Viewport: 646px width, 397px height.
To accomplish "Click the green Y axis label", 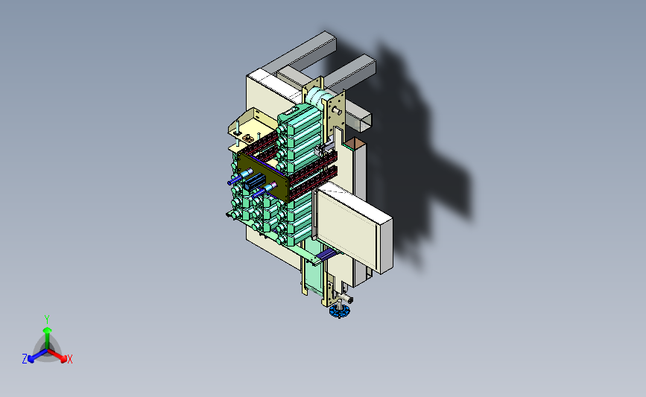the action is click(x=47, y=320).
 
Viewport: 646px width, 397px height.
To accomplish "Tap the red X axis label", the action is click(x=69, y=359).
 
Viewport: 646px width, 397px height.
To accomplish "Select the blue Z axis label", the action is click(x=25, y=359).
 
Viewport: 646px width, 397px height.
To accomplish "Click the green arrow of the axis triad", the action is click(x=48, y=337).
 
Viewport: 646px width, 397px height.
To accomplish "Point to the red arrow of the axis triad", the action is click(x=57, y=356).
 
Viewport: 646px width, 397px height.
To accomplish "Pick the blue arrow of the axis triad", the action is click(x=38, y=356).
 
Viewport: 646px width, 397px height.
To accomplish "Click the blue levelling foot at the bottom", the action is click(x=340, y=311).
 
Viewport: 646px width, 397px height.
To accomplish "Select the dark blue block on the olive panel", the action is click(x=254, y=182).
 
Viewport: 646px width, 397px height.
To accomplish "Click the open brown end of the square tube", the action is click(x=355, y=143).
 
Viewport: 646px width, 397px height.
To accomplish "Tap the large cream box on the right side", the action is click(x=353, y=228).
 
